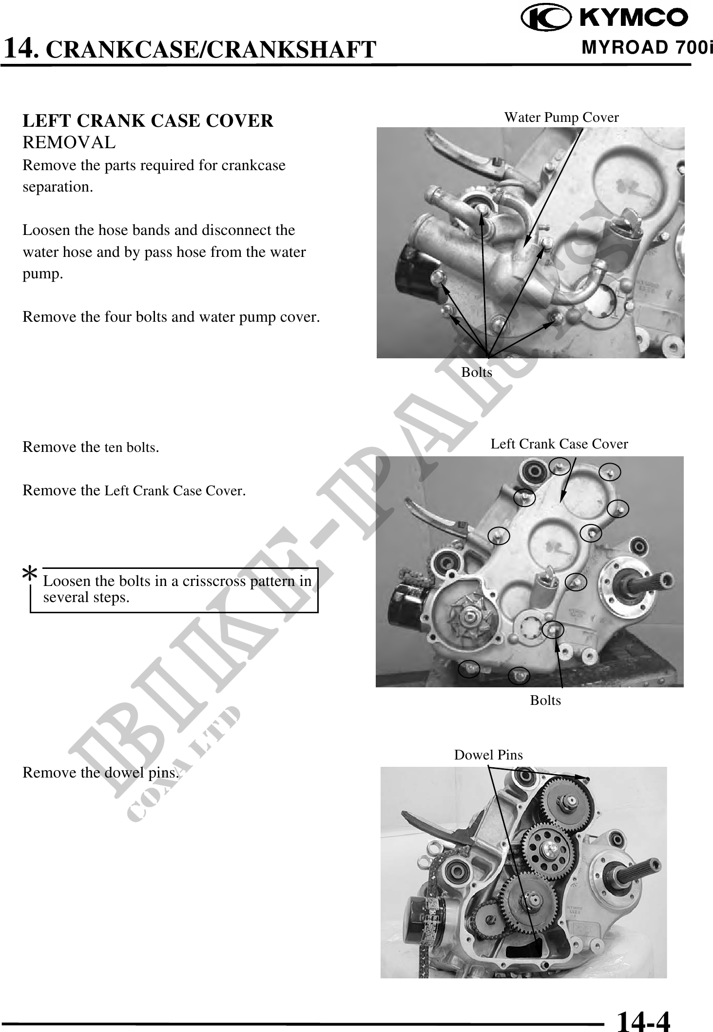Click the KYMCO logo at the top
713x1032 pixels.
coord(605,19)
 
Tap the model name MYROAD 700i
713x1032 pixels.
coord(647,48)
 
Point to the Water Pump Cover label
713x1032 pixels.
coord(561,117)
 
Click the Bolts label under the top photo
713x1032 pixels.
coord(477,372)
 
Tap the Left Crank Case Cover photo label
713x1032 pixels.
coord(559,444)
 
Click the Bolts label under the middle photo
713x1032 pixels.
coord(545,701)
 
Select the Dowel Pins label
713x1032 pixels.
coord(488,755)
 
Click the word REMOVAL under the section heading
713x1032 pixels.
coord(69,142)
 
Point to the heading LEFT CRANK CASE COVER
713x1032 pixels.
coord(148,121)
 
